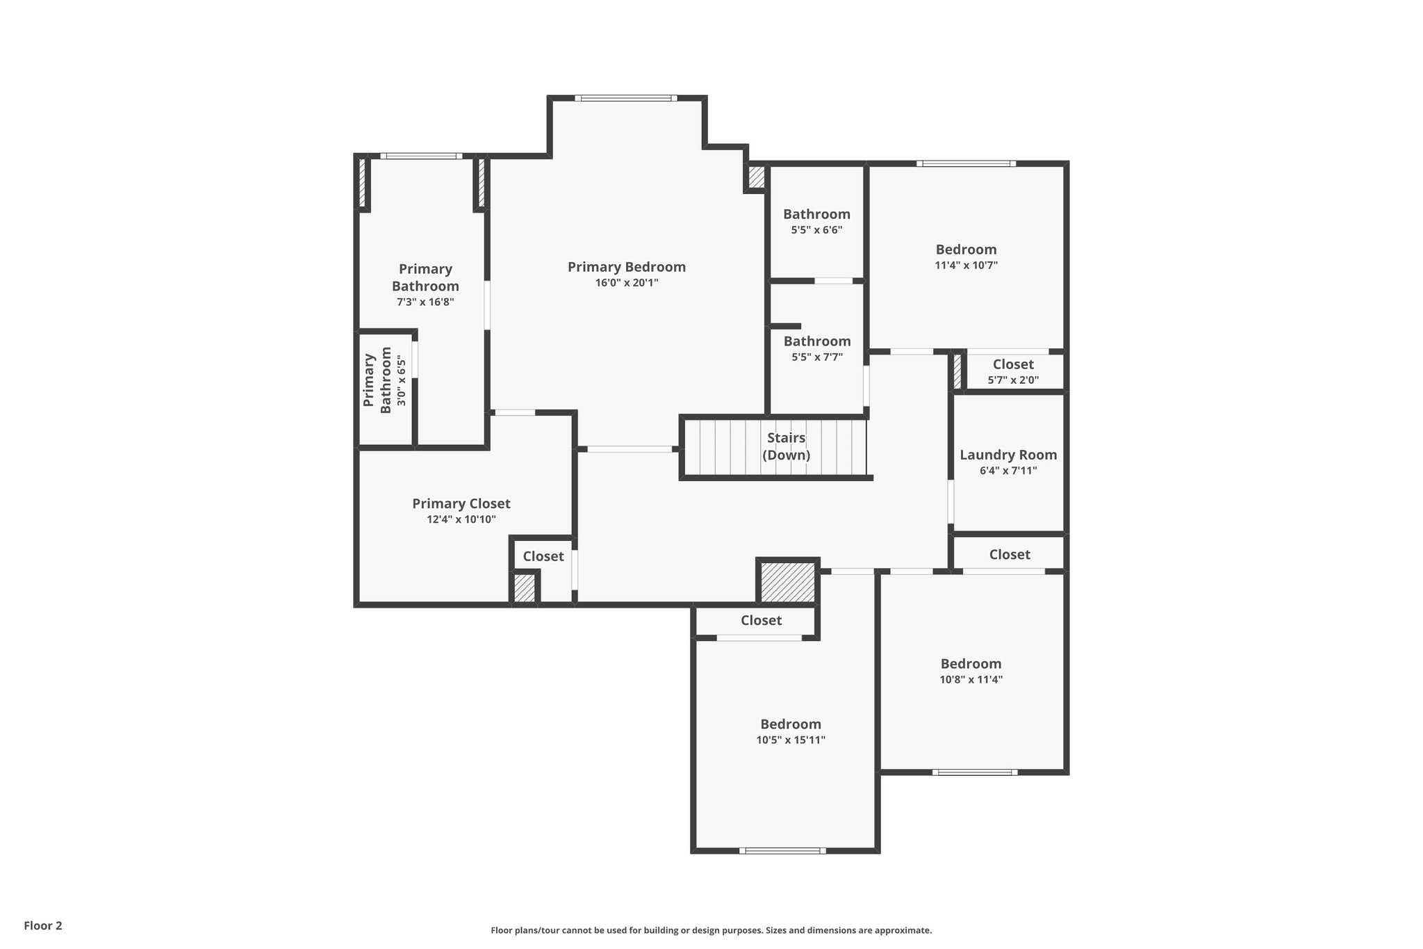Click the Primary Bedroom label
tap(626, 267)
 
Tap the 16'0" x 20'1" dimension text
tap(626, 283)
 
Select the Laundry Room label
tap(1008, 455)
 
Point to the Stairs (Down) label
tap(786, 446)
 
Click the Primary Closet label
tap(461, 503)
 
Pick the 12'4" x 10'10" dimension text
tap(461, 519)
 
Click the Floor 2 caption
tap(43, 925)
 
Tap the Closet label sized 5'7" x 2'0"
tap(1013, 364)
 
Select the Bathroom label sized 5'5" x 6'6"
tap(816, 214)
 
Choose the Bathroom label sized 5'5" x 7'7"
tap(817, 341)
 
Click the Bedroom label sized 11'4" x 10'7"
tap(966, 250)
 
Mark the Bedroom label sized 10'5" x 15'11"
tap(790, 724)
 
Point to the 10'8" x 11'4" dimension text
tap(971, 680)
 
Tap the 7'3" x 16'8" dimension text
tap(425, 302)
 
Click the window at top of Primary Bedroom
tap(626, 98)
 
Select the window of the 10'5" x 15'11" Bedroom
tap(782, 850)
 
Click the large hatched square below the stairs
tap(787, 582)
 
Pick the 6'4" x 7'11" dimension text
tap(1008, 471)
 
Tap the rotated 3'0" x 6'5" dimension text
tap(400, 381)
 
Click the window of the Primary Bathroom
tap(421, 156)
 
